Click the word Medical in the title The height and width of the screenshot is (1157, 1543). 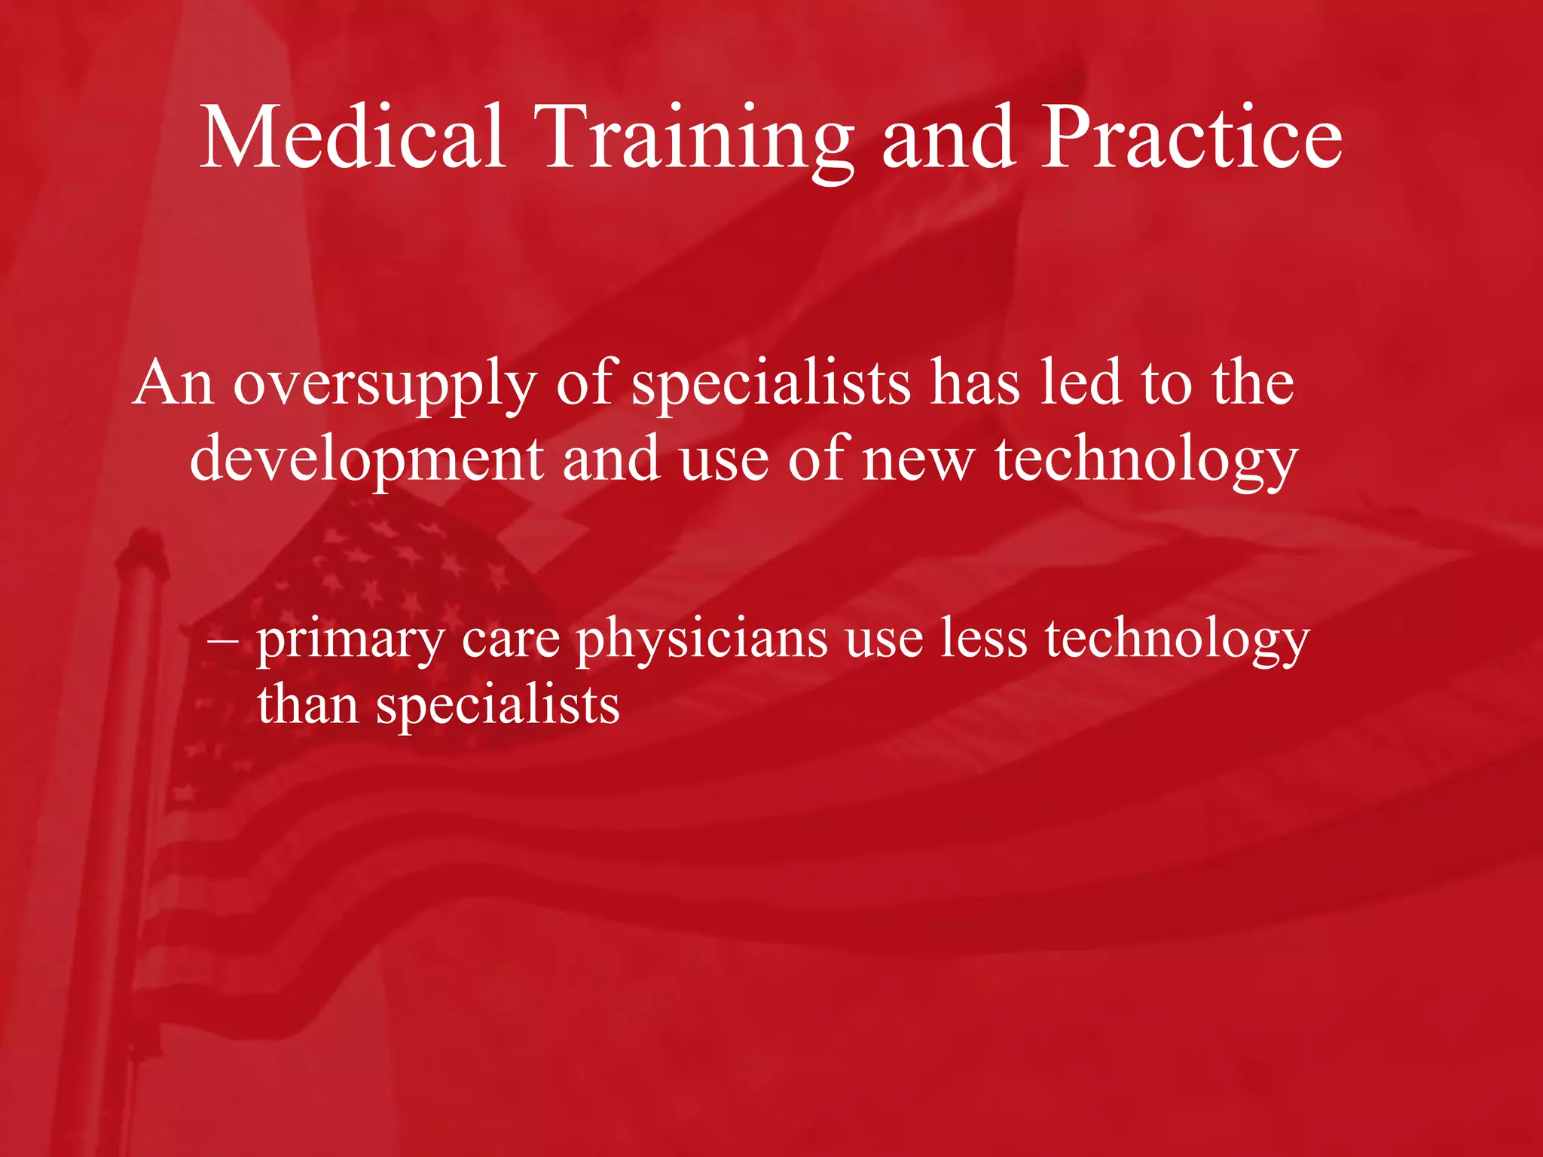(x=353, y=137)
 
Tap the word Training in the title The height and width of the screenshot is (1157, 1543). (x=698, y=139)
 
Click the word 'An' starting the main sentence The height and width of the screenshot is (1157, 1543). (x=173, y=383)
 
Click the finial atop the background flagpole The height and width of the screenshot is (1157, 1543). (x=143, y=546)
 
